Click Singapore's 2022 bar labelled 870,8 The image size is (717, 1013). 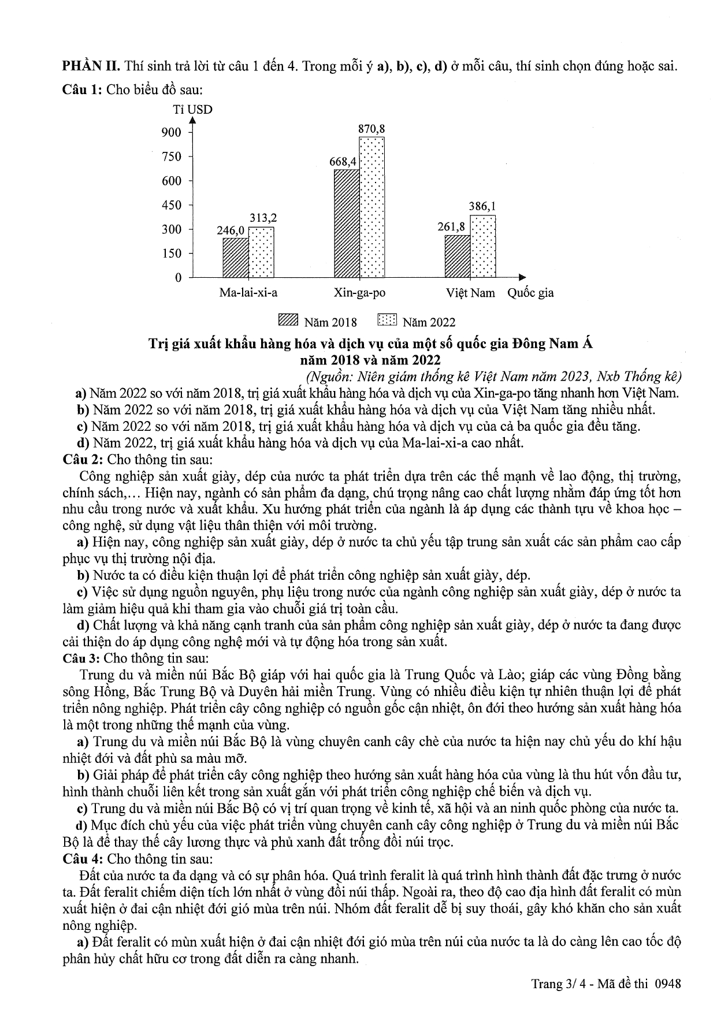(371, 207)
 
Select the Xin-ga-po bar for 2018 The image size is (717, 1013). (347, 224)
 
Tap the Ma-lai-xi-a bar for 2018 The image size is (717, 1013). (236, 258)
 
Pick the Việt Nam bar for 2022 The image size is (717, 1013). (483, 247)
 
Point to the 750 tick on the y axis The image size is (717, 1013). (172, 157)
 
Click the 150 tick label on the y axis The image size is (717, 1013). (172, 254)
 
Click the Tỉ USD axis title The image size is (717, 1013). (193, 109)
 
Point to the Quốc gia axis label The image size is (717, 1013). (530, 293)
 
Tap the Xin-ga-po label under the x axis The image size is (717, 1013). (359, 293)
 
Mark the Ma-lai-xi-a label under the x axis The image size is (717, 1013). (248, 293)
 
